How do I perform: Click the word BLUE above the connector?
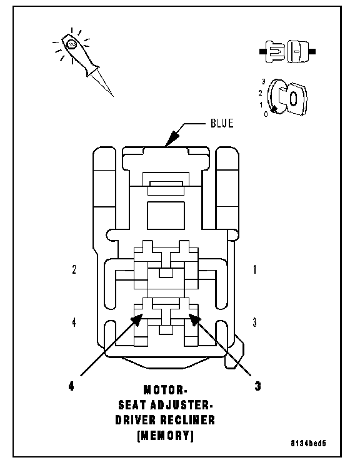point(222,123)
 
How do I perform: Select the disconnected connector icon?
point(287,51)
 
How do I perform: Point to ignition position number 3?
point(263,81)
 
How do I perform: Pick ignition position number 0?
point(266,114)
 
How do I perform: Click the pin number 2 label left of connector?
point(74,269)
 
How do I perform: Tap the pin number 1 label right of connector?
point(254,269)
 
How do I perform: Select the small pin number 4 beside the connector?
point(74,322)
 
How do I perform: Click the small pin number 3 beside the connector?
point(254,322)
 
